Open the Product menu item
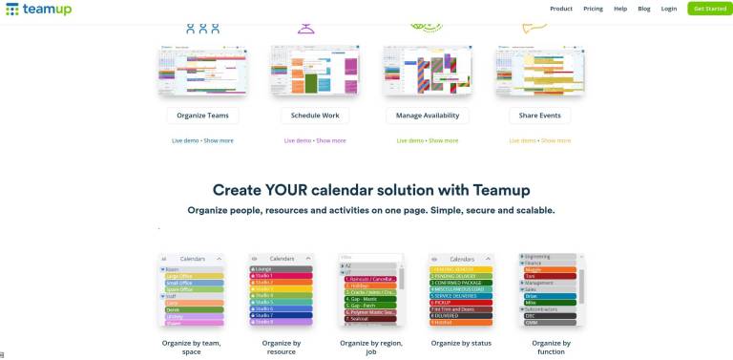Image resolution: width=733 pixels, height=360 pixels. point(561,9)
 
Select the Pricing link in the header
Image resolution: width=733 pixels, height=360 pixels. point(593,9)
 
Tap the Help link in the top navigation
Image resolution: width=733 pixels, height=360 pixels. point(620,9)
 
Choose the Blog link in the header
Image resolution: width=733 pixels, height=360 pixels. point(644,9)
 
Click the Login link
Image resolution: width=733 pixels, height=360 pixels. point(669,9)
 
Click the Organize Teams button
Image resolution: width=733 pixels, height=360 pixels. point(202,116)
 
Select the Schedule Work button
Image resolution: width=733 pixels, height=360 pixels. point(310,116)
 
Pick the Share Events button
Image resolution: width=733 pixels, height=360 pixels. point(539,116)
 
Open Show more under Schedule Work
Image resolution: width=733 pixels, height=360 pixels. point(331,140)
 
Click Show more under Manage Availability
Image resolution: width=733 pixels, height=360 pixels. point(443,140)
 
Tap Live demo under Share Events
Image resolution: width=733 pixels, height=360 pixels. point(522,140)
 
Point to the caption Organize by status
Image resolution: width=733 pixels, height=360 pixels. point(461,343)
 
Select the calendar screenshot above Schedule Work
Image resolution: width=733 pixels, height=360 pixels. point(310,71)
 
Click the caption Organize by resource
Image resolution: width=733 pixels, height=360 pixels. point(282,347)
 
